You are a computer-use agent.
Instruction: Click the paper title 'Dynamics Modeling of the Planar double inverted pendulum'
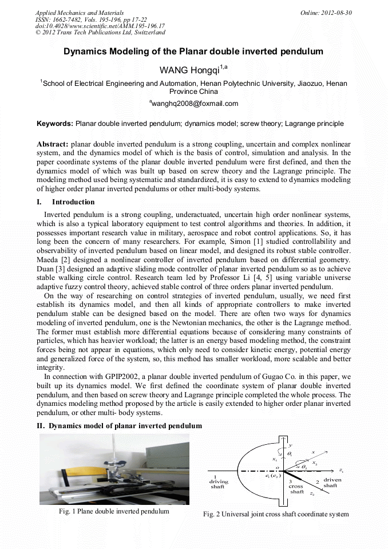(x=193, y=52)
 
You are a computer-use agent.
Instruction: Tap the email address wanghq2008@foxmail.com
(x=194, y=104)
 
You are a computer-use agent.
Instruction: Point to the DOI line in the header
(x=100, y=26)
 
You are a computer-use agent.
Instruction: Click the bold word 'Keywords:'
(x=55, y=123)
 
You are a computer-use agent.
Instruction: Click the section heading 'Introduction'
(x=73, y=202)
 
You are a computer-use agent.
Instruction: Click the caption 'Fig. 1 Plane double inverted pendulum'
(x=114, y=511)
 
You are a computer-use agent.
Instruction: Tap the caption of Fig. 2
(x=276, y=514)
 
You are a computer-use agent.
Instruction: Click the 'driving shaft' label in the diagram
(x=218, y=482)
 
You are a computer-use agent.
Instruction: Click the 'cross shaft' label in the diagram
(x=296, y=487)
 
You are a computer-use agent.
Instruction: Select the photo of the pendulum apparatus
(x=114, y=469)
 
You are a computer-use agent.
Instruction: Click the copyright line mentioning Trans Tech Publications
(x=100, y=33)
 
